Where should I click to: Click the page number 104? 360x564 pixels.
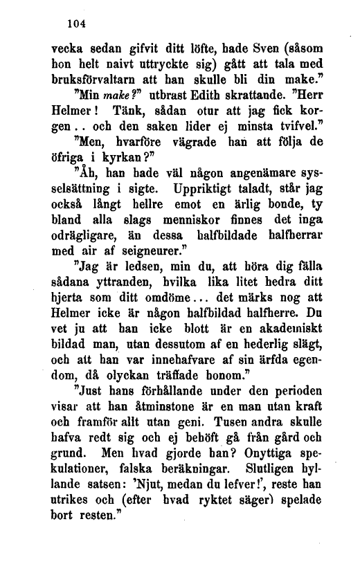pyautogui.click(x=71, y=23)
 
